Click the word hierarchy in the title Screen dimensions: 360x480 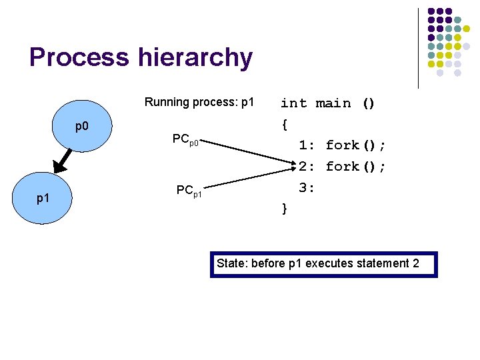pos(195,58)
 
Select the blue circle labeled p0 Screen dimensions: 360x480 pos(82,126)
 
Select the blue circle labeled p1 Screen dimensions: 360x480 pos(43,199)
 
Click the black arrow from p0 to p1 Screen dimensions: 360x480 pos(62,159)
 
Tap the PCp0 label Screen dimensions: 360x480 pos(184,139)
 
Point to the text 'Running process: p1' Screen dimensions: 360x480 pos(199,103)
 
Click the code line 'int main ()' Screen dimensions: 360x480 pos(328,103)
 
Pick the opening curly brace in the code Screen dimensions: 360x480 pos(285,124)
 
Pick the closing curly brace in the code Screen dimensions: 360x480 pos(285,209)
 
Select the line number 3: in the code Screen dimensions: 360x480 pos(307,188)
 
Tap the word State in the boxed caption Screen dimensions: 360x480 pos(231,263)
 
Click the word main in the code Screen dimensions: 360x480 pos(333,103)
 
